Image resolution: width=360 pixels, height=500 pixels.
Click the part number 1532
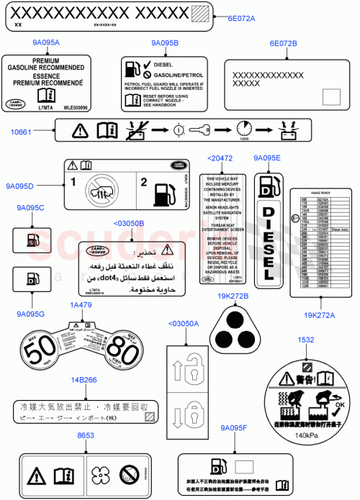pos(305,340)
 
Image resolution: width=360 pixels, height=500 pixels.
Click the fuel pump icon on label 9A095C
pos(31,238)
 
